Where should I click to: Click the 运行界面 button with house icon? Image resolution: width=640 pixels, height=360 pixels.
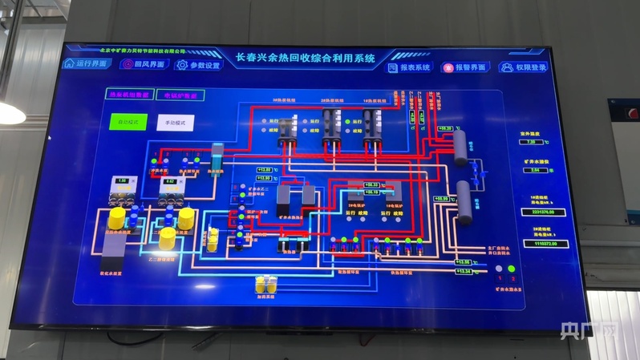[x=86, y=63]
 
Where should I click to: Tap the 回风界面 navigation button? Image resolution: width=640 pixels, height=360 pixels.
[x=142, y=64]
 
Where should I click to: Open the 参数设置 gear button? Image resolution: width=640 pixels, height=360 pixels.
[x=197, y=65]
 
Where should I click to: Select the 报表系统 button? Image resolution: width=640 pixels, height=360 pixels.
[x=409, y=68]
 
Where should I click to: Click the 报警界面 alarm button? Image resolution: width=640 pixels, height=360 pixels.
[x=464, y=68]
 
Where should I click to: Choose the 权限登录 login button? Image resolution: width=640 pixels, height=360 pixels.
[x=522, y=68]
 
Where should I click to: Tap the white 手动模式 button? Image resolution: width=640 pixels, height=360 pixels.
[x=175, y=123]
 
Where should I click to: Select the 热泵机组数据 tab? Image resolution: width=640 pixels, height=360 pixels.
[x=128, y=95]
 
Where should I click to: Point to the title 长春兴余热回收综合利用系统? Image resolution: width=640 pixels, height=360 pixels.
[x=306, y=59]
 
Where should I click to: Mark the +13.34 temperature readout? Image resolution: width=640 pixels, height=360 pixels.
[x=463, y=273]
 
